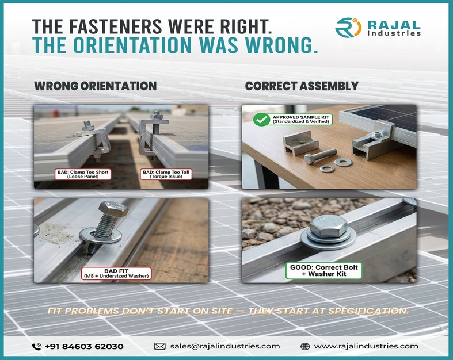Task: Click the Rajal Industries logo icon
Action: (348, 28)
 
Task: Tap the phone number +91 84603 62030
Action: (85, 346)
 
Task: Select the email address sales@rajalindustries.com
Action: (224, 346)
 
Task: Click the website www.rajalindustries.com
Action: (366, 346)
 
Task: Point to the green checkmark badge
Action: (261, 120)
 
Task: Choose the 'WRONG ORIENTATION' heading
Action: (95, 86)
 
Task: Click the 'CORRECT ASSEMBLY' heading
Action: (302, 86)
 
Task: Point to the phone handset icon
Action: (37, 346)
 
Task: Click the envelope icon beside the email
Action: (160, 346)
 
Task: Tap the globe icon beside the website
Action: (306, 346)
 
